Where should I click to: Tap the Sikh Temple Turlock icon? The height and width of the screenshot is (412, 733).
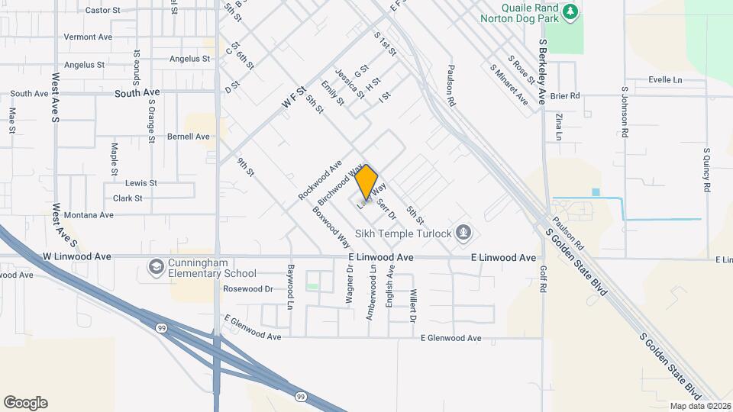click(x=463, y=231)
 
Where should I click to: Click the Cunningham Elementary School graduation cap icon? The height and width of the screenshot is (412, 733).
click(x=157, y=266)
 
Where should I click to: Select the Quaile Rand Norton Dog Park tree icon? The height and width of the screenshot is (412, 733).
click(x=569, y=12)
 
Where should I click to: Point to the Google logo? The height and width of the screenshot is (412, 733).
click(x=25, y=403)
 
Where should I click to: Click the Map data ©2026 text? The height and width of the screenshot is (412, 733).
click(x=700, y=406)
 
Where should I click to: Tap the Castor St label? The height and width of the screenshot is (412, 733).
click(x=104, y=11)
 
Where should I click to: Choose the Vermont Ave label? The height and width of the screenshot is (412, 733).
click(x=88, y=37)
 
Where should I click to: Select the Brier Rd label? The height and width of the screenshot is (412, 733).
click(x=565, y=96)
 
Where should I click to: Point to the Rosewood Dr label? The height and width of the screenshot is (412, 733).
click(x=247, y=289)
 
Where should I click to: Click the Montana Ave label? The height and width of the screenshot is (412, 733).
click(x=89, y=215)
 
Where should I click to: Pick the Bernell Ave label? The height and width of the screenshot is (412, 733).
click(x=188, y=137)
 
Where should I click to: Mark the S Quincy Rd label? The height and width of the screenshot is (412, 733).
click(x=707, y=169)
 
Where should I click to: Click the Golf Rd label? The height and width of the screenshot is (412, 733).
click(x=543, y=279)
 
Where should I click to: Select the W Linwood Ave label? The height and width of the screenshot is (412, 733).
click(x=77, y=256)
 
